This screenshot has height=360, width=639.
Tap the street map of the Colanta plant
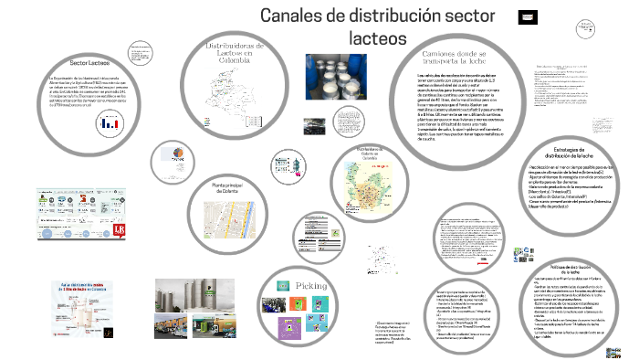pos(233,217)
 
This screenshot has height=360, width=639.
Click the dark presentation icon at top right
pos(528,17)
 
